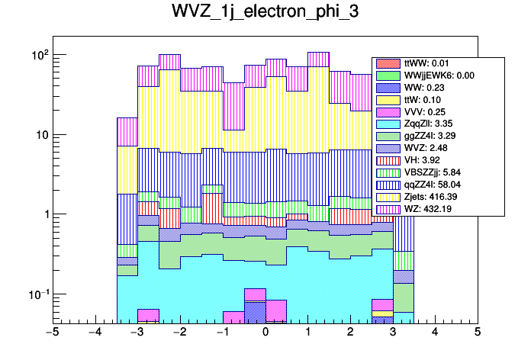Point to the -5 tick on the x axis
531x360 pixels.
(x=53, y=333)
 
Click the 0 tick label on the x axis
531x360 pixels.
(x=265, y=333)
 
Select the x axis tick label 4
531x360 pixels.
(x=435, y=333)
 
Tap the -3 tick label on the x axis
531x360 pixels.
(x=137, y=333)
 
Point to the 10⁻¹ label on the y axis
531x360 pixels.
(x=38, y=294)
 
